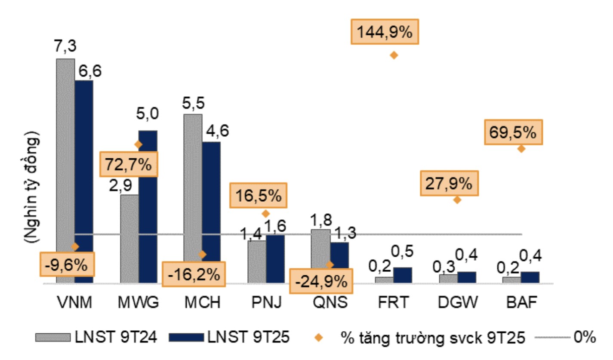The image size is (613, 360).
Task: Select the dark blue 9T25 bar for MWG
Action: [148, 206]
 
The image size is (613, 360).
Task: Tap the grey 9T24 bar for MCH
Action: [193, 198]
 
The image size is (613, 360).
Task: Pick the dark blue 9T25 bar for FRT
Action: [403, 275]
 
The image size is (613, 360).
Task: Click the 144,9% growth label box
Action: [385, 31]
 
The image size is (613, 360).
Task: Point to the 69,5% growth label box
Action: [513, 132]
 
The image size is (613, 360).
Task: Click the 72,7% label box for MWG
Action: [129, 164]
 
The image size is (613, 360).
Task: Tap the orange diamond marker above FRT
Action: [393, 55]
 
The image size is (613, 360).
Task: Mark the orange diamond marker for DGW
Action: [457, 200]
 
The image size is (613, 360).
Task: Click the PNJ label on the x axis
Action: [266, 303]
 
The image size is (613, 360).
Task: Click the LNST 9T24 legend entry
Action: [96, 337]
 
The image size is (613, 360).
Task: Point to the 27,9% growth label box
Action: [449, 184]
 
